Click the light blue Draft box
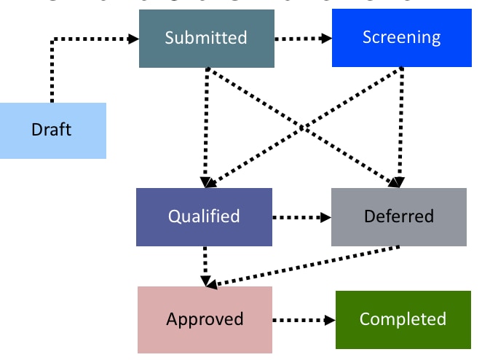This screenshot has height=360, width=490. tap(52, 130)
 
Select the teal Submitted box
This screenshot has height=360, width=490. tap(206, 38)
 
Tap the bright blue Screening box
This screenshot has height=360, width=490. tap(401, 38)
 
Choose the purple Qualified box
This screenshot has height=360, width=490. tap(204, 216)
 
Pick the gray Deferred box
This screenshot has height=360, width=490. tap(398, 216)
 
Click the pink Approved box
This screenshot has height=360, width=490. tap(205, 319)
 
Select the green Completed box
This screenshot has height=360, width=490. tap(403, 319)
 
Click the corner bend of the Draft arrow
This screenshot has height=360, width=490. tap(52, 39)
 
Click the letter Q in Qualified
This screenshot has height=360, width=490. tap(175, 216)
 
